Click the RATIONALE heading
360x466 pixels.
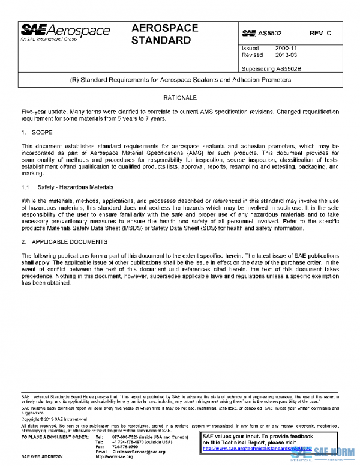coord(179,97)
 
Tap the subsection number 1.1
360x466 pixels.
coord(25,188)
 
